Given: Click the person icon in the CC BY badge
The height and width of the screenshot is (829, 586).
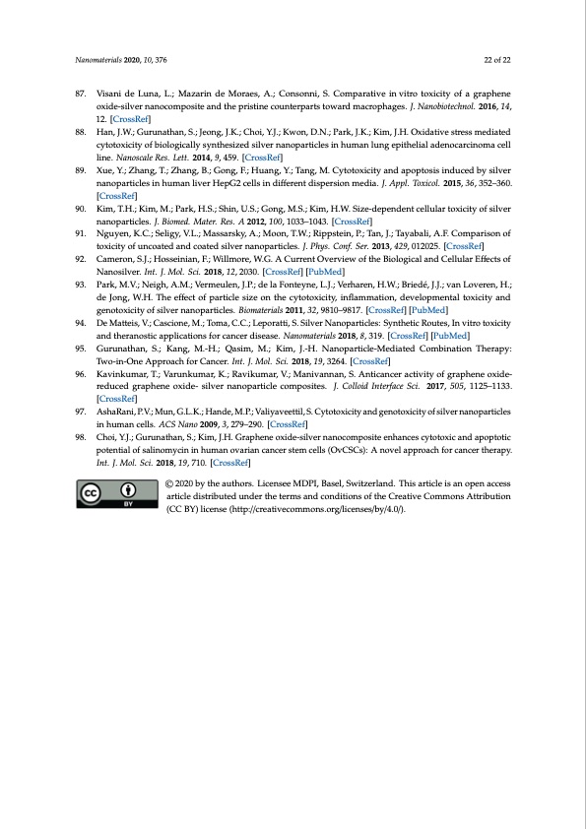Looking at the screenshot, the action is click(128, 489).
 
